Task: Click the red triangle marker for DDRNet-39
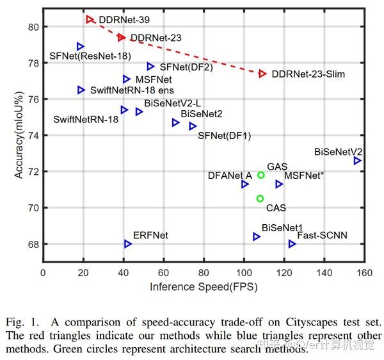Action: click(x=90, y=20)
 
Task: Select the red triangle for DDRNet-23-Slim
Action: click(x=262, y=74)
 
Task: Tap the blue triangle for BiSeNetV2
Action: click(x=357, y=160)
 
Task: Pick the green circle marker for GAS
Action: click(x=261, y=175)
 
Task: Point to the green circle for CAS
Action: click(x=260, y=199)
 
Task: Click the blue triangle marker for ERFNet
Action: click(x=128, y=244)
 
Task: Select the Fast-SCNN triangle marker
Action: click(x=292, y=243)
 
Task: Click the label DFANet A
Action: click(x=230, y=175)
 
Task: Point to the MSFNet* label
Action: click(x=303, y=175)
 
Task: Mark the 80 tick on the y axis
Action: click(x=33, y=27)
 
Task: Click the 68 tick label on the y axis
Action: click(x=33, y=244)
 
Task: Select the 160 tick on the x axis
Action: click(x=365, y=272)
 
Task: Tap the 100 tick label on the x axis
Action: click(x=244, y=272)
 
